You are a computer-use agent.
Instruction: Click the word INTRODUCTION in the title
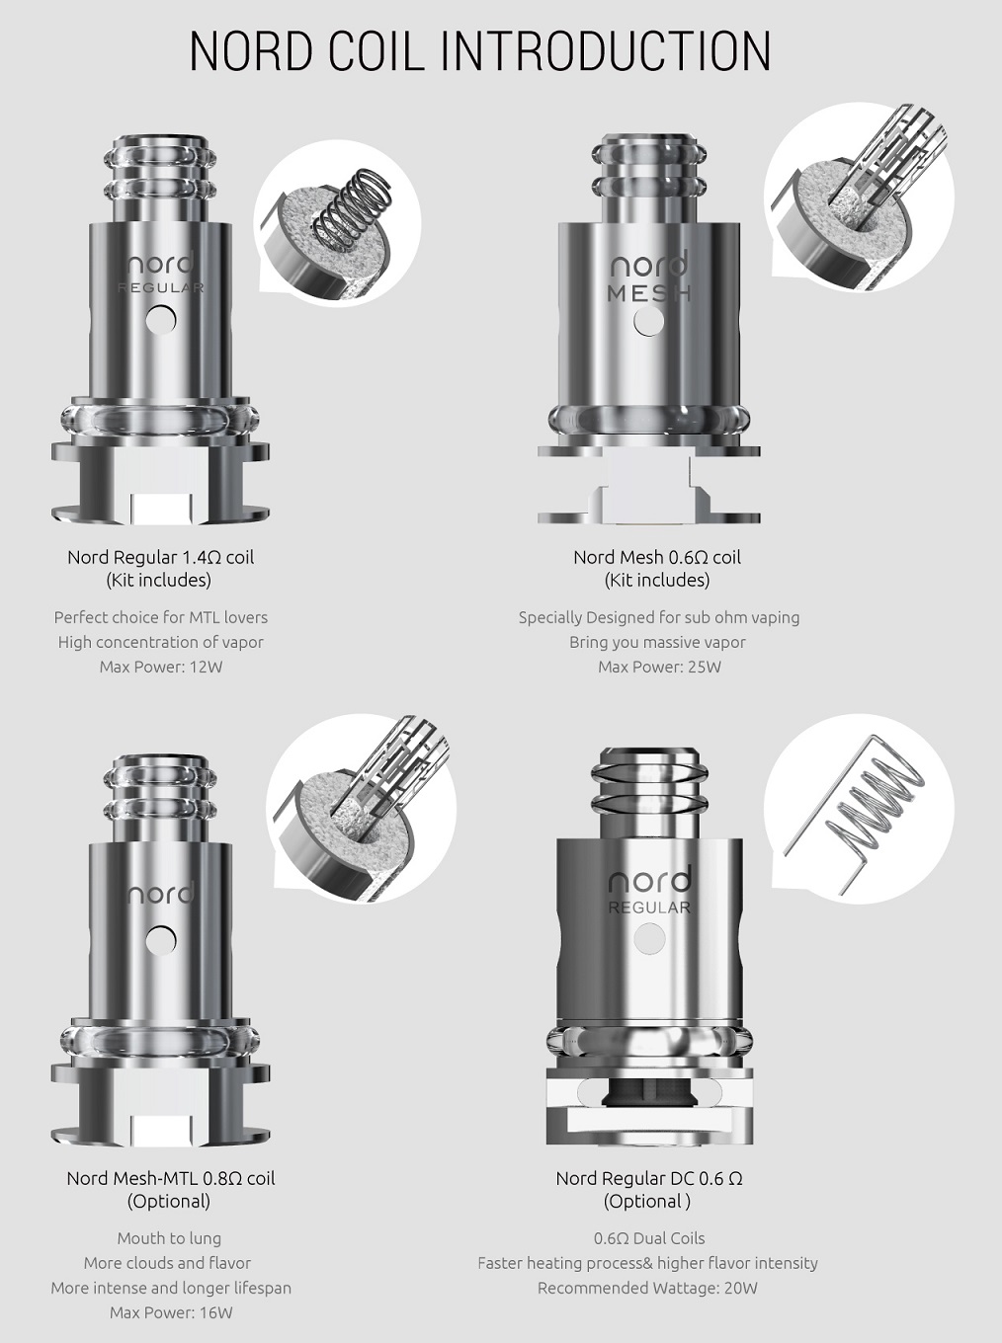click(x=605, y=51)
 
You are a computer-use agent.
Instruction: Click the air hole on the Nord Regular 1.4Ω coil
click(x=160, y=318)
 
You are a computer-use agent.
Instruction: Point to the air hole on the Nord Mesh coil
click(x=648, y=321)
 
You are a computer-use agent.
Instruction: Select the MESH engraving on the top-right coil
click(x=648, y=293)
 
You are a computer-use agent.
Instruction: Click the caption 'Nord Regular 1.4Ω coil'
click(x=160, y=557)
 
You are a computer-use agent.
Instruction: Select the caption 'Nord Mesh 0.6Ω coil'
click(x=657, y=557)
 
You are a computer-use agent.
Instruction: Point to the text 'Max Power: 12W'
click(x=160, y=667)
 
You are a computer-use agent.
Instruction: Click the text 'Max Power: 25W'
click(x=659, y=667)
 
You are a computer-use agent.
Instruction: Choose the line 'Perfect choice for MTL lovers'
click(x=160, y=617)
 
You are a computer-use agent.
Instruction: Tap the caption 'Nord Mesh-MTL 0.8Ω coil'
click(x=170, y=1178)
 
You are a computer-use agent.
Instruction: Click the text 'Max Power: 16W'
click(x=170, y=1312)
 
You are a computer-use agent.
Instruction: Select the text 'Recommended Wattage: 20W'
click(x=647, y=1288)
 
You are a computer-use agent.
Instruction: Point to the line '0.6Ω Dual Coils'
click(x=648, y=1238)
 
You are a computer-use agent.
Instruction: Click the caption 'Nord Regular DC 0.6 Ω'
click(x=648, y=1178)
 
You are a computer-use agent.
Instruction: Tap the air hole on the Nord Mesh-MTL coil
click(x=160, y=940)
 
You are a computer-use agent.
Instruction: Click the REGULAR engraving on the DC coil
click(x=648, y=908)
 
